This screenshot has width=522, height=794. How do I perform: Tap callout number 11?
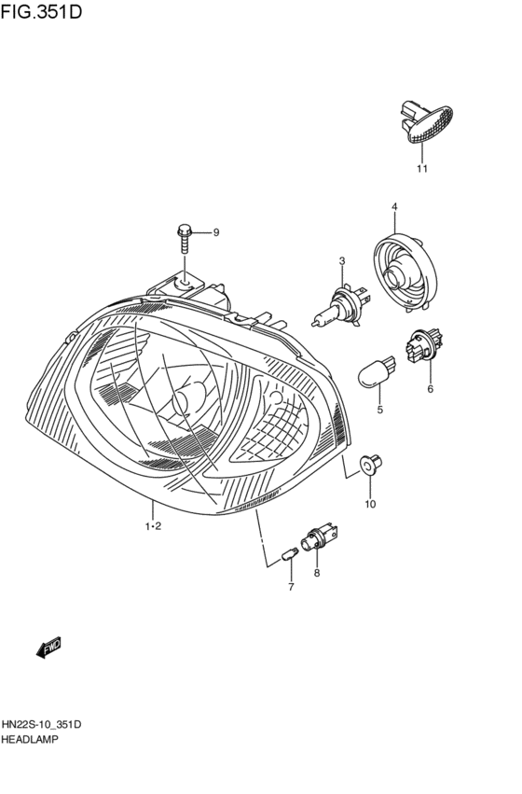(421, 169)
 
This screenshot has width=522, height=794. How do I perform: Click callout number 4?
(394, 206)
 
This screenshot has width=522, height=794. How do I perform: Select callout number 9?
(215, 232)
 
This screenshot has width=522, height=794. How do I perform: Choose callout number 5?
(380, 410)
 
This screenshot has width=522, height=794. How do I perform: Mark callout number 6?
(430, 389)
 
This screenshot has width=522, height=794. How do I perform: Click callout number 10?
(369, 505)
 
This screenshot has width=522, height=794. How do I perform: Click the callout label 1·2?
(154, 527)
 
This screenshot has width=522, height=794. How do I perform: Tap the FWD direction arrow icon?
(49, 647)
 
